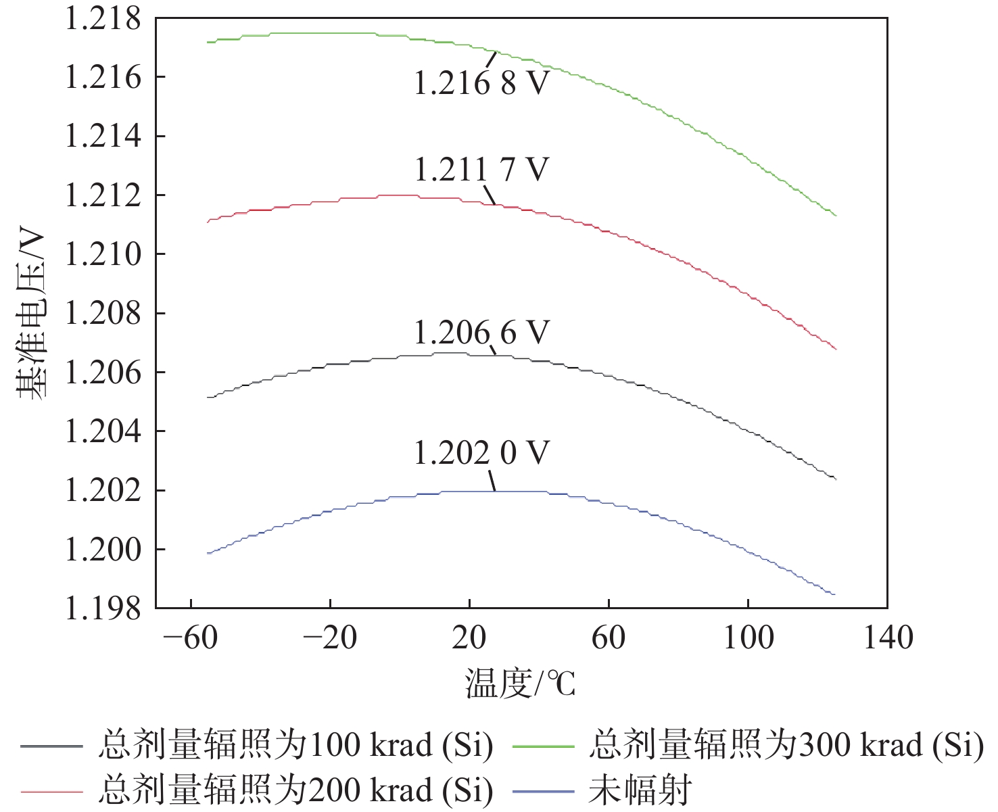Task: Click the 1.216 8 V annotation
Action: click(481, 83)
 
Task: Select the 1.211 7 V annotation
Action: click(481, 169)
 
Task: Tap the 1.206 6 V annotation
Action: click(481, 333)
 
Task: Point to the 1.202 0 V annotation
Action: click(481, 453)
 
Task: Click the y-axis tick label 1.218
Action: click(103, 19)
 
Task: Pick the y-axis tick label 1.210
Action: click(103, 254)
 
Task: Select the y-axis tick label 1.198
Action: click(103, 608)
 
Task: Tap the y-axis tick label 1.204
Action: click(103, 431)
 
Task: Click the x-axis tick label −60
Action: click(191, 638)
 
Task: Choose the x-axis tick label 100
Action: click(748, 638)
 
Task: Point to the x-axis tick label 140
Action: click(888, 638)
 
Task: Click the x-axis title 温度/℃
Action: click(520, 684)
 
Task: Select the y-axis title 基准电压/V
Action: click(31, 315)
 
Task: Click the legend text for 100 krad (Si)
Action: click(295, 745)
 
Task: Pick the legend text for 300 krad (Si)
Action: click(786, 745)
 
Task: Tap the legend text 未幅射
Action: click(640, 790)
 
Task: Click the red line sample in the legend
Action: click(51, 790)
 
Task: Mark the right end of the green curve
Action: click(836, 215)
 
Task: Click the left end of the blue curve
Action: click(208, 553)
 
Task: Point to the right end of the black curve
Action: click(836, 479)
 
